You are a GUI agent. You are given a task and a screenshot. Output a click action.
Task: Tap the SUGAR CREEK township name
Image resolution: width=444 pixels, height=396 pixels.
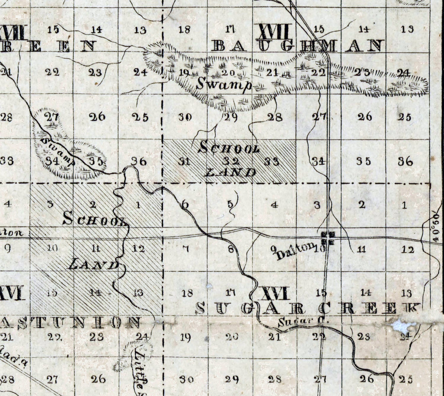308,308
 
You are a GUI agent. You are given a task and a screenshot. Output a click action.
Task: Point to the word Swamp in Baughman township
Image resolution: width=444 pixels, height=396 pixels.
224,84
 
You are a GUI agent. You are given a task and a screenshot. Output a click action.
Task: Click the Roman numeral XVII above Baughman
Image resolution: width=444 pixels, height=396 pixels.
275,31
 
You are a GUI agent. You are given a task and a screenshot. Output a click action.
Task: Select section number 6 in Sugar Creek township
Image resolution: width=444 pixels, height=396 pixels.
185,204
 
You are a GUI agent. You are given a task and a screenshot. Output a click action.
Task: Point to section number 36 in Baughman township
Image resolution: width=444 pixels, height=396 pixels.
406,161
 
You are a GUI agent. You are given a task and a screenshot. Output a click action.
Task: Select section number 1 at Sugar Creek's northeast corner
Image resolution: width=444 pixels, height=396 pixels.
405,205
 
